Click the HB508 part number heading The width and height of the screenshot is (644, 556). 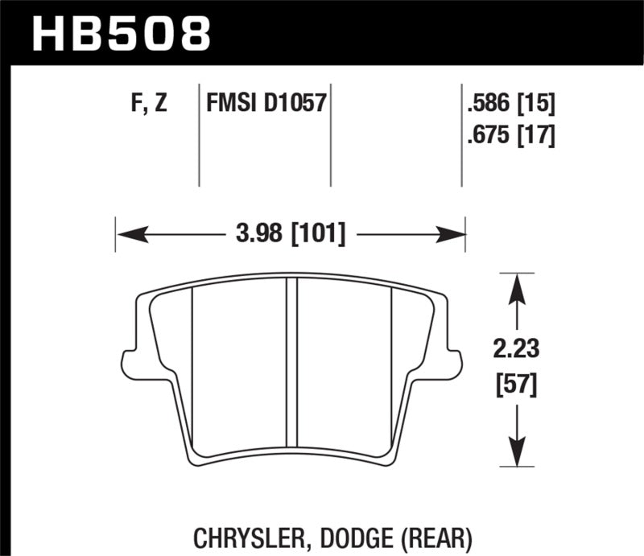click(121, 34)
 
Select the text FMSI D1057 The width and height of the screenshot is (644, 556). click(266, 104)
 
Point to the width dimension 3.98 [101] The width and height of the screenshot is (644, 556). click(292, 234)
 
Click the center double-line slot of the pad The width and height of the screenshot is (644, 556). click(292, 362)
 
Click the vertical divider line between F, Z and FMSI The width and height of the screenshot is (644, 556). click(199, 133)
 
